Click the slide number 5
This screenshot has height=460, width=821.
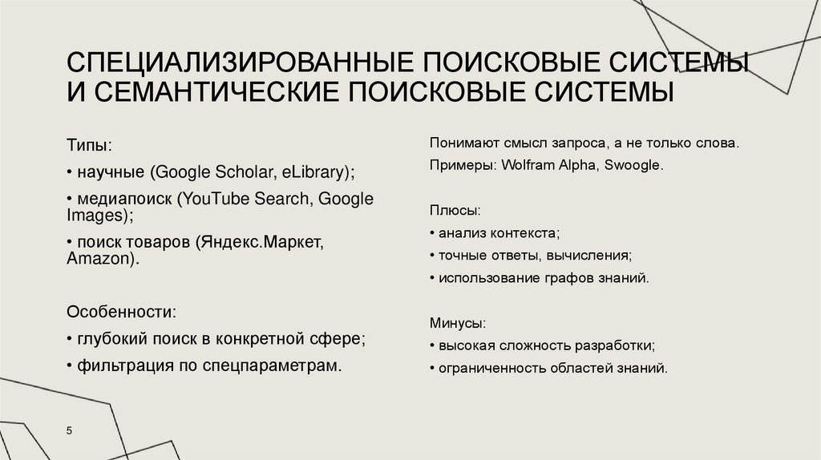pos(69,431)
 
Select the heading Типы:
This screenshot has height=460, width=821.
pos(89,147)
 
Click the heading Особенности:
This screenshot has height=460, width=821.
pos(121,311)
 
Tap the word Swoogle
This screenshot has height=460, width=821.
pos(633,165)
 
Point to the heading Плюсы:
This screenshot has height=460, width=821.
pos(455,211)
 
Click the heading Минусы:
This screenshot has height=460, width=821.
pos(458,325)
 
